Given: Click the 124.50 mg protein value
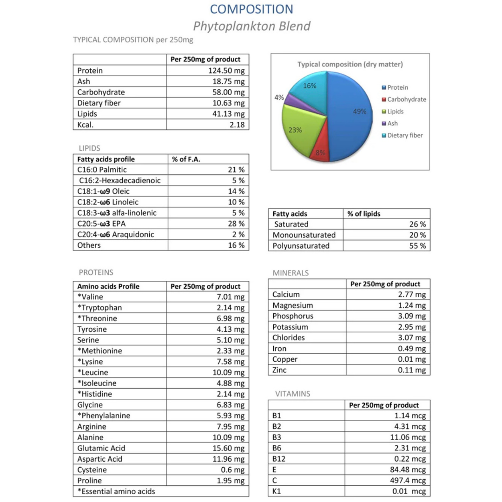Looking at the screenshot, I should point(226,71).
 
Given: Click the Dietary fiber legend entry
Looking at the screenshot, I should point(405,135).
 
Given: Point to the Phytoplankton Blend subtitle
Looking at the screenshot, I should point(251,26).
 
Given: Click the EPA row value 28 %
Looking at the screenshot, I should point(236,224).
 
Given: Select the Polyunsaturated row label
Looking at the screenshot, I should point(301,246).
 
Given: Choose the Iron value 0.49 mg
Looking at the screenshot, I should point(412,349).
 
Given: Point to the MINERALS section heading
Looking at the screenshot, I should point(291,273).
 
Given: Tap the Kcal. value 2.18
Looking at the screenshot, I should point(236,125).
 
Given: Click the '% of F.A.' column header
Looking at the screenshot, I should point(186,159).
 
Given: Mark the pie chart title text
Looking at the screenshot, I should point(350,64).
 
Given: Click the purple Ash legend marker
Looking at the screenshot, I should point(383,124).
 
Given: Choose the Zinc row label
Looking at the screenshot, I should point(279,370).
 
